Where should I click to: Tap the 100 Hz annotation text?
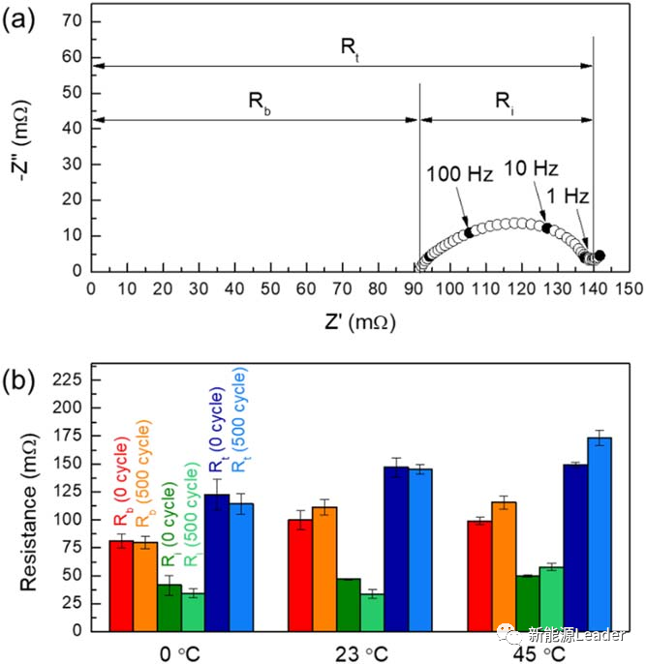coord(459,175)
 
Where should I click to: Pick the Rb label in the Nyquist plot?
coord(260,100)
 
